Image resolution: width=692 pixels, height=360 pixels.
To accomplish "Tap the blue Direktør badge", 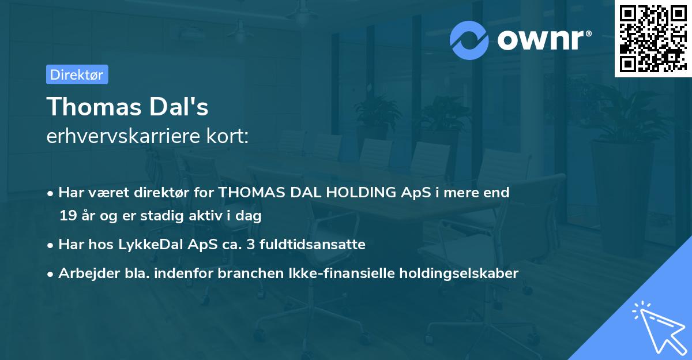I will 77,74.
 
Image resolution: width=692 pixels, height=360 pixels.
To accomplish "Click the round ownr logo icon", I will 469,39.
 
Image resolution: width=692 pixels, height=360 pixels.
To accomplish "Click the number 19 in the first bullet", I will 67,216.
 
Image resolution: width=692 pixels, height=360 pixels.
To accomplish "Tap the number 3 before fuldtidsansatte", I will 250,245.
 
